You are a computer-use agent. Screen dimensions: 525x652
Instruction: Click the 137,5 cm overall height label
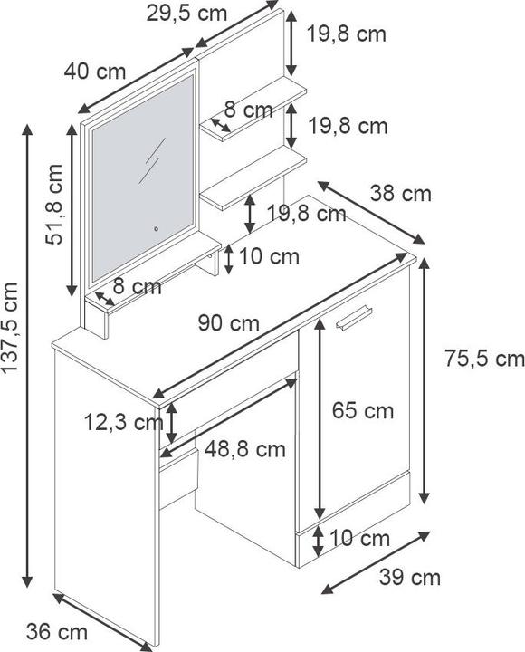10,328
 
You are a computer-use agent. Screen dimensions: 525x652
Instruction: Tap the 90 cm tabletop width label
229,323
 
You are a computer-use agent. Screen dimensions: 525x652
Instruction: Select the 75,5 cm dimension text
484,359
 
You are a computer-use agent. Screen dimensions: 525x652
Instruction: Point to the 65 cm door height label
363,411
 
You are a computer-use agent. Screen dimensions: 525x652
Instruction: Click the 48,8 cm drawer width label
245,449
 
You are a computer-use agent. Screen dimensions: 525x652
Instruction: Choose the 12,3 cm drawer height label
123,423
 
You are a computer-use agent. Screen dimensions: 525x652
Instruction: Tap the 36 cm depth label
57,632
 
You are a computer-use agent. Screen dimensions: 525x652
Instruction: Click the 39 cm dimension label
410,578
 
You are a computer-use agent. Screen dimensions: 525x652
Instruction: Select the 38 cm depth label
401,194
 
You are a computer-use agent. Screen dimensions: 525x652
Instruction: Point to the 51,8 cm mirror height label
54,204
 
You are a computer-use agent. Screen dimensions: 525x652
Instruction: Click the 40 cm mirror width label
95,72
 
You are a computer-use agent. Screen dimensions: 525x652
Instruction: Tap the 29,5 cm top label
187,14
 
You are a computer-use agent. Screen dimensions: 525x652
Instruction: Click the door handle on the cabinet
354,318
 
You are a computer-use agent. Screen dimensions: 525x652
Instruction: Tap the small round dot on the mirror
157,228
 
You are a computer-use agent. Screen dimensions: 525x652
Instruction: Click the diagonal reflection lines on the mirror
152,160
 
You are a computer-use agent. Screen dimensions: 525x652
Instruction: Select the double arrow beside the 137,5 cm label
27,356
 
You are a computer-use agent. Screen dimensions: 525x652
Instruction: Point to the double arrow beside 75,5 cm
424,381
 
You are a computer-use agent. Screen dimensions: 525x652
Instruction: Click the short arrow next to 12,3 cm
172,423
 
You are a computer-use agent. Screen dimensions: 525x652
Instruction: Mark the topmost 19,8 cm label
347,34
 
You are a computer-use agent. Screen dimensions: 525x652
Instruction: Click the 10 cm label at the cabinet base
359,539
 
